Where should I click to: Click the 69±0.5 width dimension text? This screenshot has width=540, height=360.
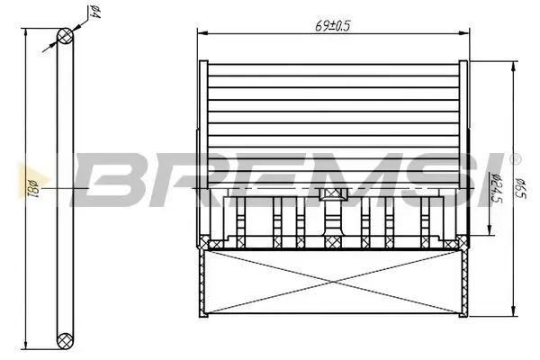point(334,25)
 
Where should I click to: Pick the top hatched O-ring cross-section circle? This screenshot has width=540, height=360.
point(66,35)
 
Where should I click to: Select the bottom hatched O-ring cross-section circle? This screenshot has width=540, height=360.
point(66,340)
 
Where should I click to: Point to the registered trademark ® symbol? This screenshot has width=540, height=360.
point(515,159)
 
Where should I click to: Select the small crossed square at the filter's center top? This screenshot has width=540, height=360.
point(332,193)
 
